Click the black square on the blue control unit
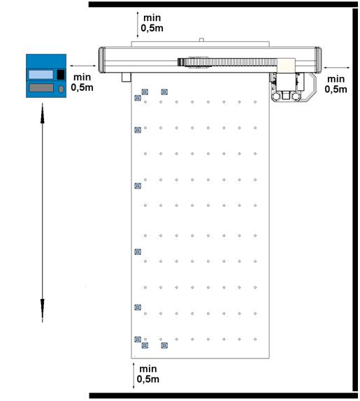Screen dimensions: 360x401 61,75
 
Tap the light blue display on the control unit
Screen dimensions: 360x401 41,75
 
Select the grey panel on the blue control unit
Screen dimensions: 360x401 41,88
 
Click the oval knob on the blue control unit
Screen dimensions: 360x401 61,89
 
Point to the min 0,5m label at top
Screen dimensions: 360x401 152,23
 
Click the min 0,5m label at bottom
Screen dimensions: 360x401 148,374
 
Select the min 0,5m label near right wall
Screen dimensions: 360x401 336,84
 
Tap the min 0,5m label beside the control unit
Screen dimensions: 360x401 82,82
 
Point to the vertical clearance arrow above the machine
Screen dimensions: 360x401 138,24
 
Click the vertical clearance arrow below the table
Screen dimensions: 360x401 134,375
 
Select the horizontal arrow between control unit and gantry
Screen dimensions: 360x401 83,66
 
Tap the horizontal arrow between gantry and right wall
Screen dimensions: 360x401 337,68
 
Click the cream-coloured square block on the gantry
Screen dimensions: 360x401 286,64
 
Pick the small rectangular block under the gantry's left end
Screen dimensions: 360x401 126,78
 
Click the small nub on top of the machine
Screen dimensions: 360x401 201,40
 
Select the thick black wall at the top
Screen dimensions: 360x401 223,4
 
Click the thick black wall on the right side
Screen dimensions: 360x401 355,200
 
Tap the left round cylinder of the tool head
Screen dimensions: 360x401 276,96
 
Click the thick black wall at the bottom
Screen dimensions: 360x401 224,395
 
